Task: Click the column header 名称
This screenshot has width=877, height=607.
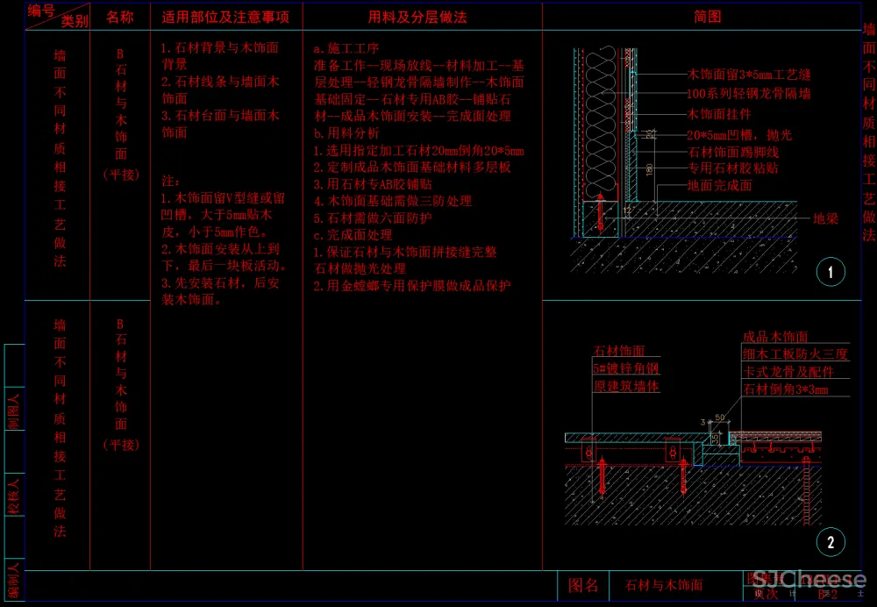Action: [120, 17]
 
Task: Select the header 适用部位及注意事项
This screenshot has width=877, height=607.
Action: [225, 17]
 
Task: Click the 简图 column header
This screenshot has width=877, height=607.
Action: [707, 17]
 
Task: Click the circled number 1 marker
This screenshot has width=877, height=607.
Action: [830, 272]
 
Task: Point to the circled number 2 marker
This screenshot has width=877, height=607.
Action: [830, 542]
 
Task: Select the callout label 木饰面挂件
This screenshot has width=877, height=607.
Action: [719, 114]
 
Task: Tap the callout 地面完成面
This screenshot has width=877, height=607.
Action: [719, 186]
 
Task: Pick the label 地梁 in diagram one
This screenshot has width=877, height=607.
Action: [825, 218]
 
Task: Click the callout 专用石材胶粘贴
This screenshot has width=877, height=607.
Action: [732, 168]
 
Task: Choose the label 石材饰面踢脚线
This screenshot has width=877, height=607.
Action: [732, 152]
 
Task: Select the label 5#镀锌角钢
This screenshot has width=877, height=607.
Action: [625, 369]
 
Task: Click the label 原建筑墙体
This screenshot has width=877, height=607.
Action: [625, 386]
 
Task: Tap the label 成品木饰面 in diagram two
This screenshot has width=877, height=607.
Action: [775, 337]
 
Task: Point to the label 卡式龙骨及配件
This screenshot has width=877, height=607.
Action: [783, 372]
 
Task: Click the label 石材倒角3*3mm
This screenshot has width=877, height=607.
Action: [785, 389]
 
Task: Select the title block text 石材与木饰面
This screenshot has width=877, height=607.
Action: [663, 585]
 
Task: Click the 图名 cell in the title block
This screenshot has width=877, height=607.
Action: [583, 585]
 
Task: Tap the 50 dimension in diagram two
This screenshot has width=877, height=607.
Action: [718, 416]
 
